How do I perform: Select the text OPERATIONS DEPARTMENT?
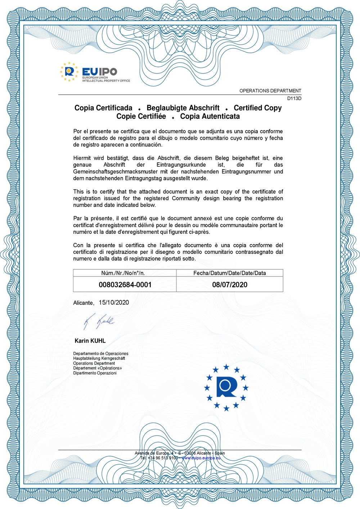coord(270,91)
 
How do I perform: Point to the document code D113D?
coord(294,98)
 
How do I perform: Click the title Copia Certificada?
coord(103,108)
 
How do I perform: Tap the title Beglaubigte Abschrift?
coord(183,108)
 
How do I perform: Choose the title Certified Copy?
coord(257,108)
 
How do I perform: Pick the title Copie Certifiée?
coord(141,116)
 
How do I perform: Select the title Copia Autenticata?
coord(210,116)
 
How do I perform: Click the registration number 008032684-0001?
coord(125,285)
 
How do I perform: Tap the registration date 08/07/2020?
coord(230,285)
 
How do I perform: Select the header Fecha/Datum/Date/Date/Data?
coord(230,273)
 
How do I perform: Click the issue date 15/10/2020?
coord(114,302)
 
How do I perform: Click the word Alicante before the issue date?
coord(83,303)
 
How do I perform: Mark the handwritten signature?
coord(99,321)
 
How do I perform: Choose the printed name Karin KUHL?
coord(90,341)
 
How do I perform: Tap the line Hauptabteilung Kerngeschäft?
coord(99,359)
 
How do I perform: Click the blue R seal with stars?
coord(226,387)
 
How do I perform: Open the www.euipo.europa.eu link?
coord(201,458)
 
